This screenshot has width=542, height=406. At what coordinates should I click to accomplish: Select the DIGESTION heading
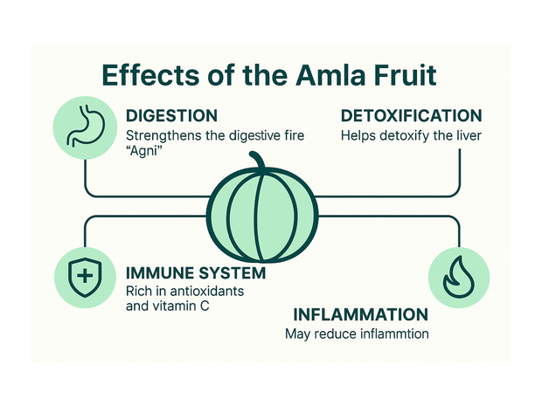pyautogui.click(x=171, y=116)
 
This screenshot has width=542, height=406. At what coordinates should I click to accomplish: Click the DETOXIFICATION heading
pyautogui.click(x=411, y=116)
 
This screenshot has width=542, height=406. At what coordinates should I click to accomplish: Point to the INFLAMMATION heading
pyautogui.click(x=360, y=315)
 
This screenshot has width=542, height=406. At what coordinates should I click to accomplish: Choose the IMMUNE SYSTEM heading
pyautogui.click(x=195, y=272)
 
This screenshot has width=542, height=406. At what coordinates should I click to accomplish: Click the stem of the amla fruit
pyautogui.click(x=256, y=162)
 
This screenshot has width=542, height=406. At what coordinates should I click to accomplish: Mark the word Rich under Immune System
pyautogui.click(x=141, y=291)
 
